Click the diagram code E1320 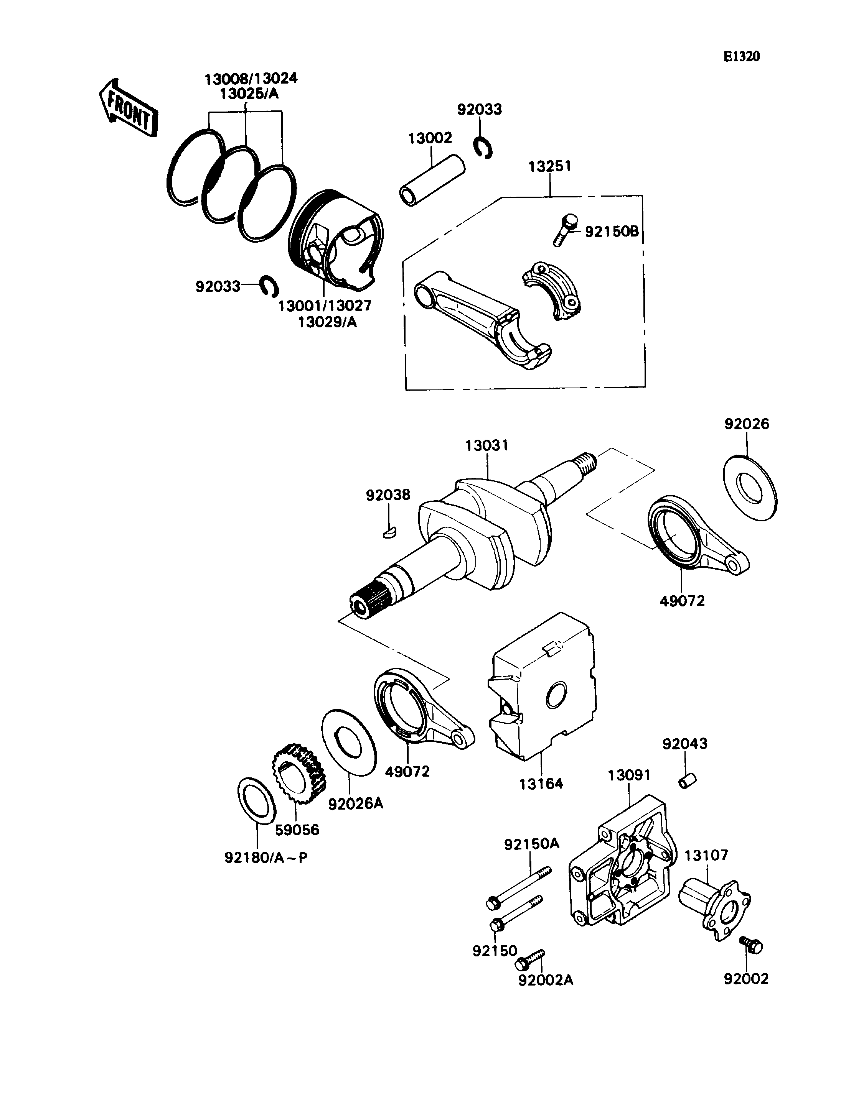pyautogui.click(x=741, y=56)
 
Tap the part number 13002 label pyautogui.click(x=430, y=138)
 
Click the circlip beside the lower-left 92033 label pyautogui.click(x=270, y=285)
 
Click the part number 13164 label pyautogui.click(x=541, y=784)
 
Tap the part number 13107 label pyautogui.click(x=706, y=855)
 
